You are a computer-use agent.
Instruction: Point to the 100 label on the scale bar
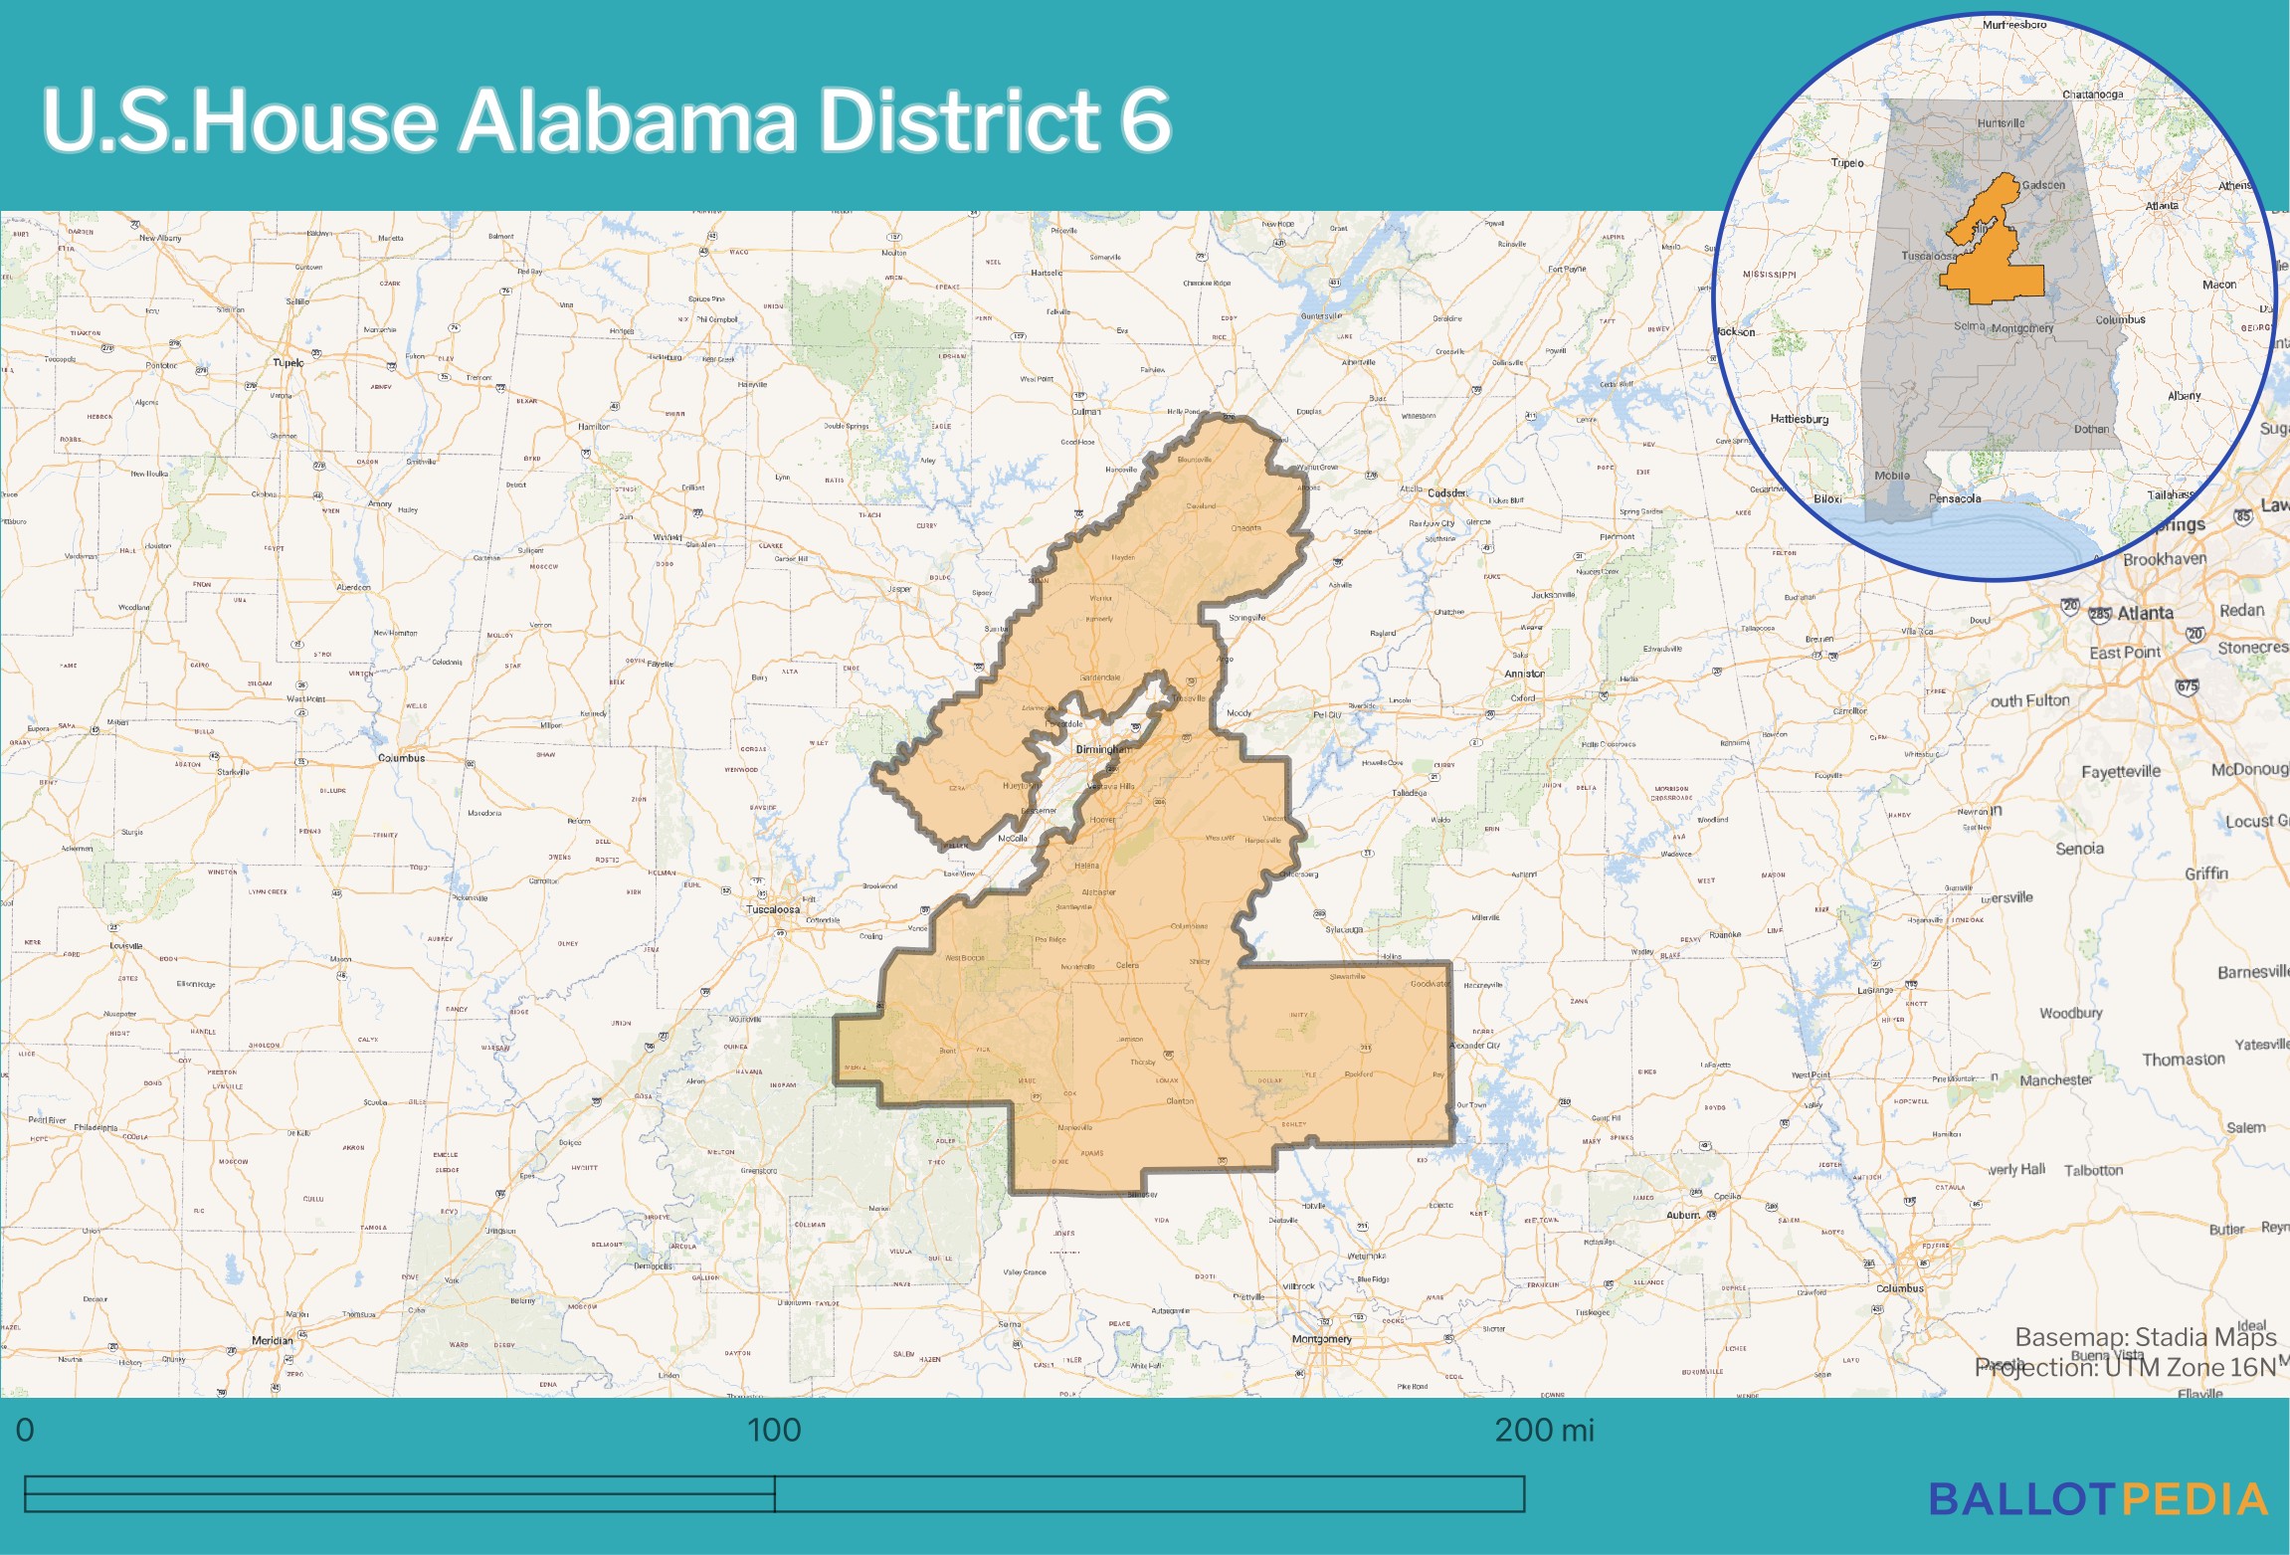(774, 1431)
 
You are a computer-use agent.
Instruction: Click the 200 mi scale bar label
(1543, 1431)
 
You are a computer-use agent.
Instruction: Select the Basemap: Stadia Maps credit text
(2145, 1337)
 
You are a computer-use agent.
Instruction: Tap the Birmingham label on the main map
(1103, 749)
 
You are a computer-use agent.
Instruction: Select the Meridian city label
(272, 1340)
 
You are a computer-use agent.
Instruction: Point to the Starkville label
(234, 772)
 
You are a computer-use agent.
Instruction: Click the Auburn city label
(1682, 1215)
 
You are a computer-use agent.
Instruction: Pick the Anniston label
(1524, 674)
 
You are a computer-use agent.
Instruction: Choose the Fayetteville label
(2121, 772)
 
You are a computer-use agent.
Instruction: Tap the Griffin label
(2205, 874)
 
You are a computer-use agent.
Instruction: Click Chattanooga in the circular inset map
(2092, 96)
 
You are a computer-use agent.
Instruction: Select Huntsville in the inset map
(2001, 124)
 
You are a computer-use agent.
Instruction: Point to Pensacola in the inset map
(1955, 498)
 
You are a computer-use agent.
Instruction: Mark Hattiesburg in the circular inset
(1799, 419)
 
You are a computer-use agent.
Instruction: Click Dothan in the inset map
(2091, 430)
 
